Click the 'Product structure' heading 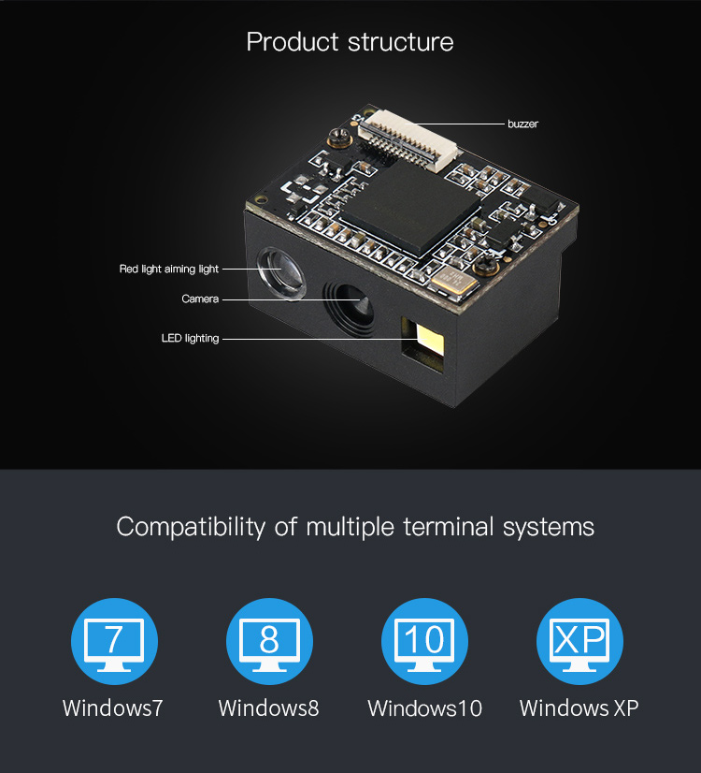(x=350, y=42)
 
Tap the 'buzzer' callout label (x=522, y=124)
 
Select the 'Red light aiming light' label (x=169, y=270)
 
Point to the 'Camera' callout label (x=200, y=299)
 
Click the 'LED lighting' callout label (x=190, y=339)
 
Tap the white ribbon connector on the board (x=409, y=138)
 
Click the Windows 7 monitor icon (x=114, y=642)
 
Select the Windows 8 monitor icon (x=269, y=642)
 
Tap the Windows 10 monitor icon (x=424, y=642)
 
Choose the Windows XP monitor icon (x=579, y=642)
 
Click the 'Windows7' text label (x=113, y=707)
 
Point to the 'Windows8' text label (x=268, y=707)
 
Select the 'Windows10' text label (x=424, y=707)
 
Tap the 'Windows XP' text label (x=579, y=707)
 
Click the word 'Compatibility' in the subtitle (x=191, y=527)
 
